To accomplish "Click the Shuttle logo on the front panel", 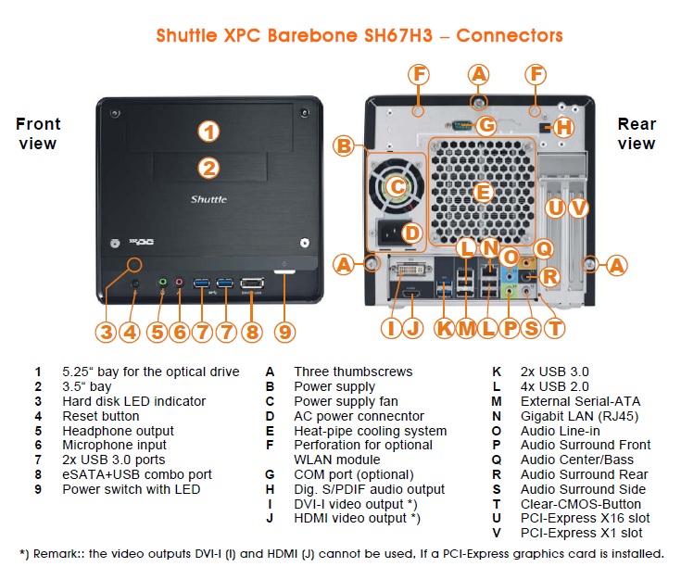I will (x=208, y=199).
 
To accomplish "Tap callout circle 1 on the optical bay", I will (x=210, y=132).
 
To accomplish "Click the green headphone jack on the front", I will (x=162, y=282).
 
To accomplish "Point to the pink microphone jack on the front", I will (x=179, y=282).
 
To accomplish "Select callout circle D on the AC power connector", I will (x=411, y=233).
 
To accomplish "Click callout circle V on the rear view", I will (x=579, y=208).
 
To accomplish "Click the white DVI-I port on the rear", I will (x=408, y=274).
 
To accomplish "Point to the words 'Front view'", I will (x=38, y=133).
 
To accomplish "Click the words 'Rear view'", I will (x=637, y=133).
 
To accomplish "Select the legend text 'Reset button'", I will (x=100, y=416).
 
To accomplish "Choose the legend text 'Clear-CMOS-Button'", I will (x=580, y=504).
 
